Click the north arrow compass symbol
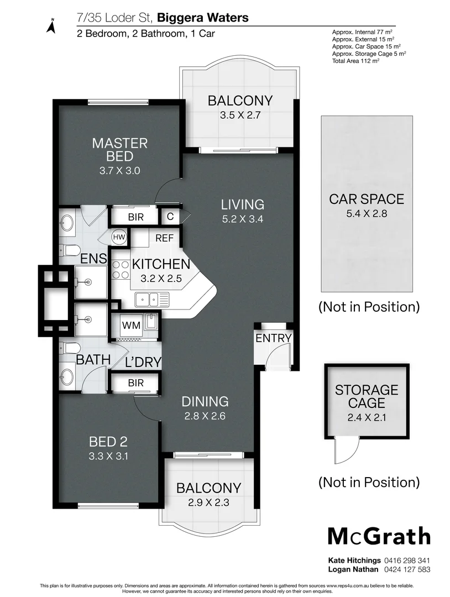coord(51,26)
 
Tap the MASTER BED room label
coord(120,150)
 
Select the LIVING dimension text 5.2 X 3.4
coord(243,219)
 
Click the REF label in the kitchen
coord(165,238)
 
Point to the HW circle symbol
coord(119,237)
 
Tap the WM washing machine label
coord(132,326)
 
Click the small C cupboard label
coord(170,216)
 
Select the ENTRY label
coord(273,338)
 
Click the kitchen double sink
coord(148,299)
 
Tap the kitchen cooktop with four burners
coord(121,269)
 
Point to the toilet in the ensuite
coord(69,250)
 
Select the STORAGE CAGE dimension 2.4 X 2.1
coord(367,417)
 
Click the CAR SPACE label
coord(367,199)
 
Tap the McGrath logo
coord(379,536)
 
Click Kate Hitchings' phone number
coord(407,561)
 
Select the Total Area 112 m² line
coord(355,61)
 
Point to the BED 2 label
coord(108,442)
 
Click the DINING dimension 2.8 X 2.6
coord(205,416)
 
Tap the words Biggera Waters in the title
coord(203,18)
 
